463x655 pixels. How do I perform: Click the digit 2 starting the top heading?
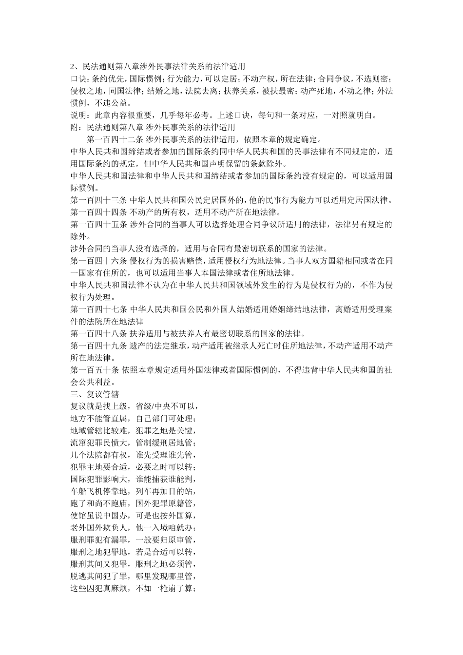pyautogui.click(x=73, y=66)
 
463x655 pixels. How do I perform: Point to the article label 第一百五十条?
pyautogui.click(x=95, y=370)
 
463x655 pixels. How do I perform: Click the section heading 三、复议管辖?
pyautogui.click(x=95, y=394)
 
